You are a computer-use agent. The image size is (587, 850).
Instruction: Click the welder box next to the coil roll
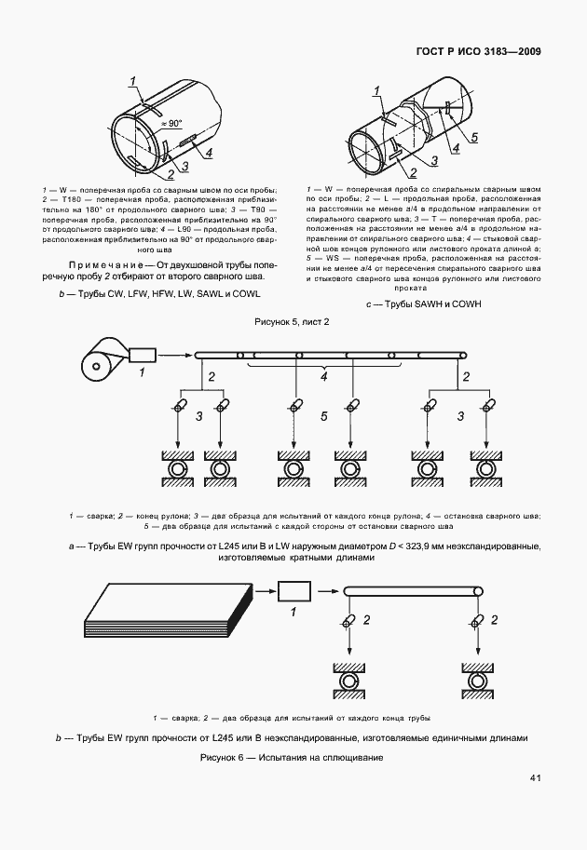point(144,354)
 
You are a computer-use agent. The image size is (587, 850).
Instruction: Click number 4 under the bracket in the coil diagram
point(324,377)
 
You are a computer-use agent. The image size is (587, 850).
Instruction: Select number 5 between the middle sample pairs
point(324,417)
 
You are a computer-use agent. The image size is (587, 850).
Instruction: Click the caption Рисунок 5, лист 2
point(293,322)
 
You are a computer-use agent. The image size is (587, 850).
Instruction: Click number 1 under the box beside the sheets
point(292,613)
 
